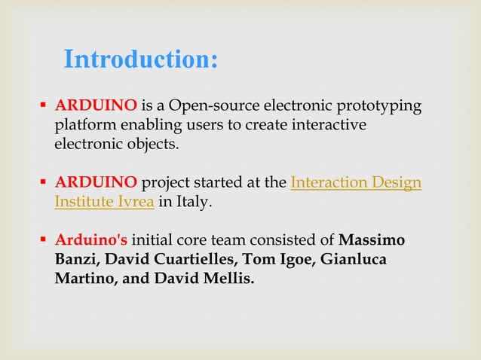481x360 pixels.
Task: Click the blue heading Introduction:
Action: tap(141, 59)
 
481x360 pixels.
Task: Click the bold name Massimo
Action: tap(372, 241)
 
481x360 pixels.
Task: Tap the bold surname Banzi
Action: tap(74, 260)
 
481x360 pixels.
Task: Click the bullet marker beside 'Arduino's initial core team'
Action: tap(45, 241)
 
